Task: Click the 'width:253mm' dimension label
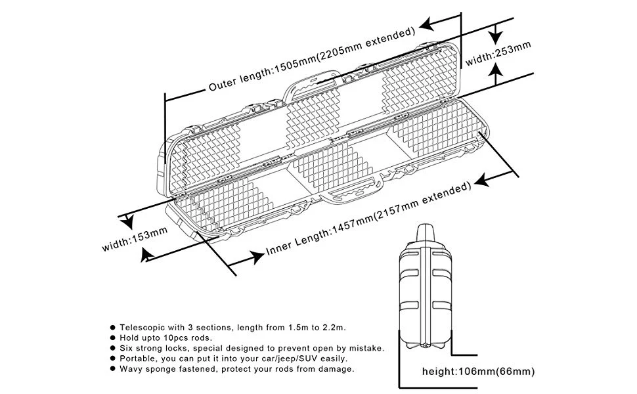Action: tap(498, 54)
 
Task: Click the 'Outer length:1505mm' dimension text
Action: tap(262, 71)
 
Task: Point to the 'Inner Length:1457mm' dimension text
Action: tap(320, 233)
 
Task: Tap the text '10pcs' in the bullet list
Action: tap(173, 337)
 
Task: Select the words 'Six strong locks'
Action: tap(154, 347)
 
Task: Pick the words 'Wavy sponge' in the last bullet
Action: tap(148, 368)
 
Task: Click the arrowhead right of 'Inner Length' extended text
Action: tap(487, 179)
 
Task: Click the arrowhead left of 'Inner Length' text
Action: tap(250, 260)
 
